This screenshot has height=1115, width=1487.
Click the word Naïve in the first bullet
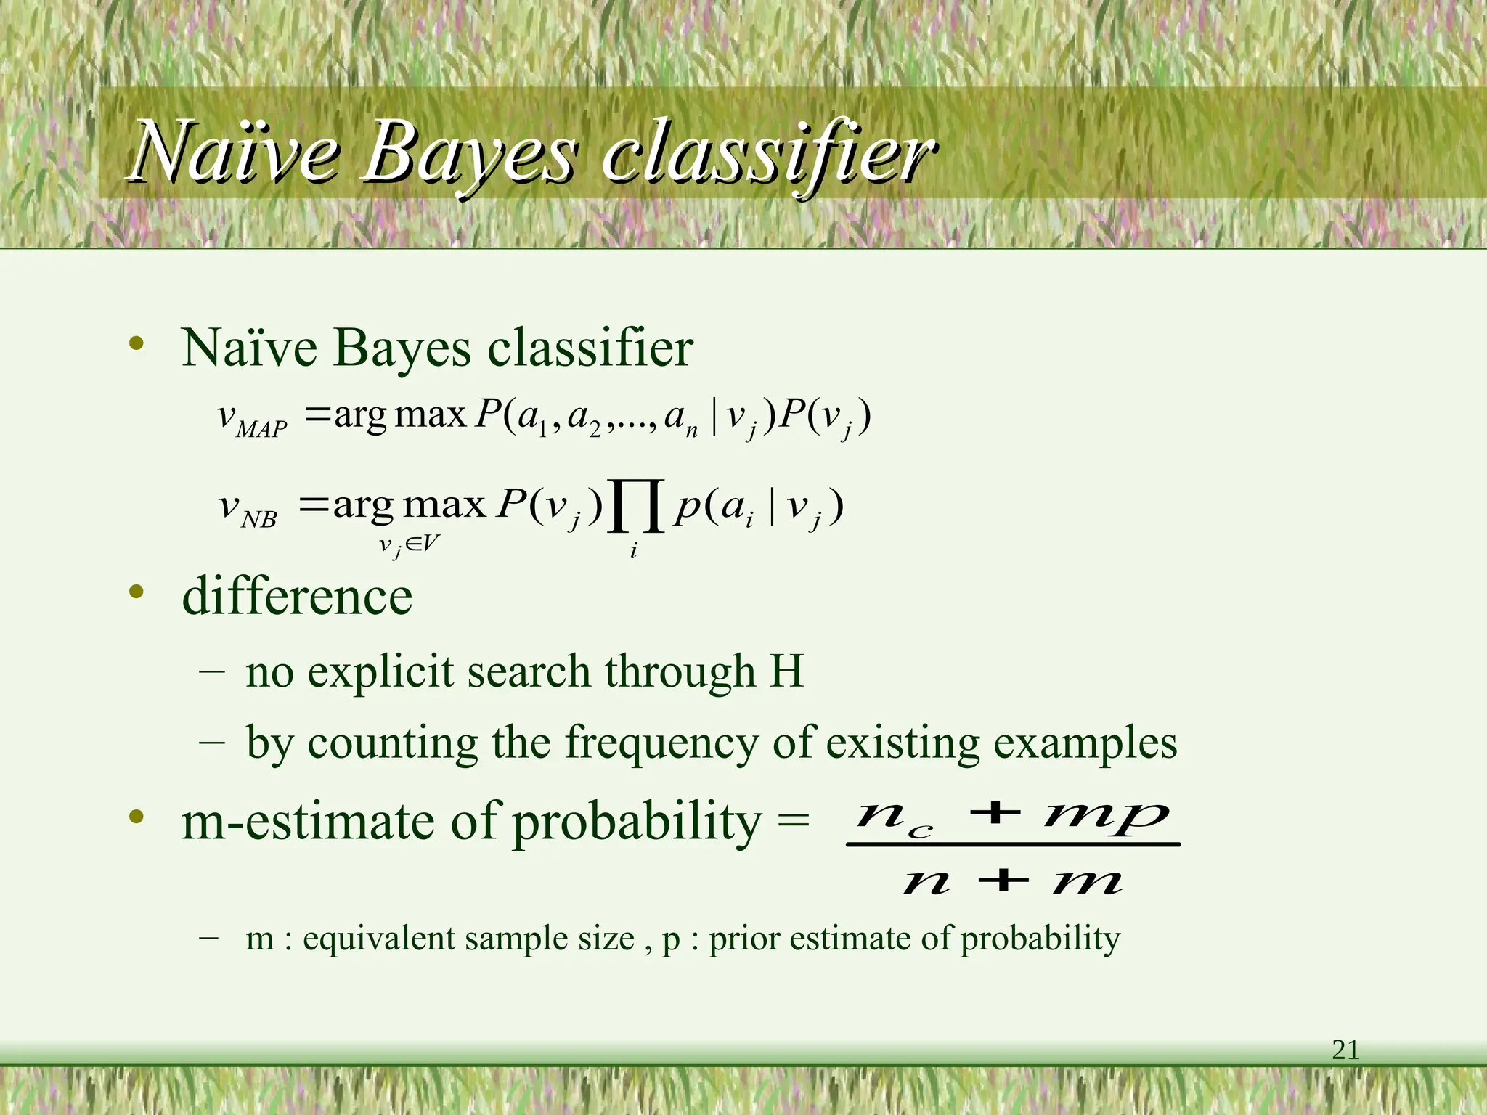249,348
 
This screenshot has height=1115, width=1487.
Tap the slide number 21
1345,1050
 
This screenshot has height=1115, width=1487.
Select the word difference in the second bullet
297,596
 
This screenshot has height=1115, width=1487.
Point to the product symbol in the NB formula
637,506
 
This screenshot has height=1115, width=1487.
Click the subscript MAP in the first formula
261,430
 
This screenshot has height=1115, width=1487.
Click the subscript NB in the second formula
259,520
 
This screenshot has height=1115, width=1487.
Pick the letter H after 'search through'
786,671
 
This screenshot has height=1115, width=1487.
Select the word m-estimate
308,822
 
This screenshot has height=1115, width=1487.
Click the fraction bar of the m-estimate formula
1013,844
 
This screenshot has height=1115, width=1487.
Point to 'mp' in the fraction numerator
1107,816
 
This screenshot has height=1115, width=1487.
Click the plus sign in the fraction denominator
1003,881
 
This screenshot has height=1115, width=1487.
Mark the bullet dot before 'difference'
136,592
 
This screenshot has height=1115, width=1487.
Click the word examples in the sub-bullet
1085,745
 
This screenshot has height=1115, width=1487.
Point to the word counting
392,745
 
